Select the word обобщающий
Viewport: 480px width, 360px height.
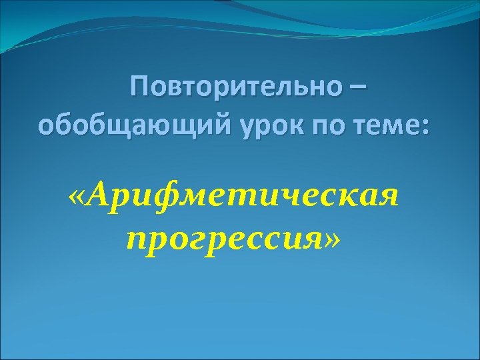coord(134,126)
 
